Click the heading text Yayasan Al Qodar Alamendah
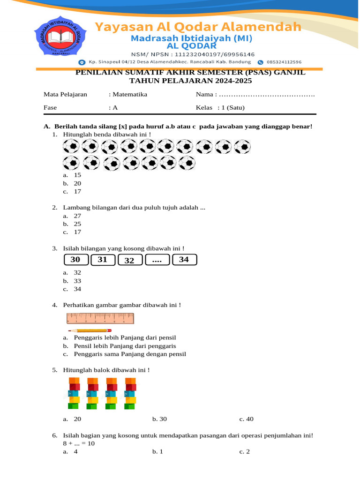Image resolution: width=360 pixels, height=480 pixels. point(198,27)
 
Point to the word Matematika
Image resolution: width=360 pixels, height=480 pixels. point(129,94)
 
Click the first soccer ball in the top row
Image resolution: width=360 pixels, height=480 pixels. point(71,147)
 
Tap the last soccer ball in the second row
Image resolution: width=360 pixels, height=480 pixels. point(187,163)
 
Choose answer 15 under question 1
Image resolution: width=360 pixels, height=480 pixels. point(77,175)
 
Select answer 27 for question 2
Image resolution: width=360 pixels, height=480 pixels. point(77,216)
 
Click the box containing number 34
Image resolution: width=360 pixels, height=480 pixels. point(184,259)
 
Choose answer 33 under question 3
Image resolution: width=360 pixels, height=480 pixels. point(77,281)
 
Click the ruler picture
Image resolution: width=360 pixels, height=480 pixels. point(100,319)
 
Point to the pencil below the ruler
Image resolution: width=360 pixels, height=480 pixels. point(90,330)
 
